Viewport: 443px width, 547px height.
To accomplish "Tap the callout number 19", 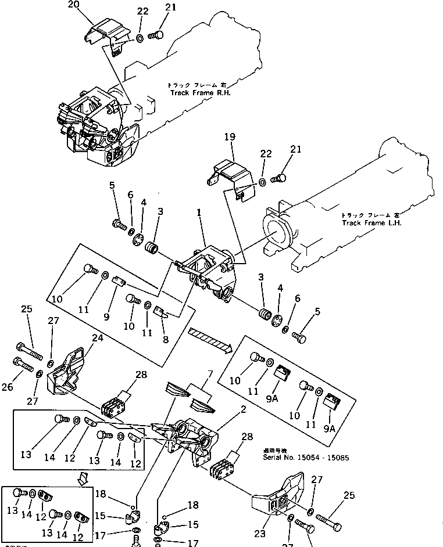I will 229,138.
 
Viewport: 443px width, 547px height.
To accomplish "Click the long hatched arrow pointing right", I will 210,340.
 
